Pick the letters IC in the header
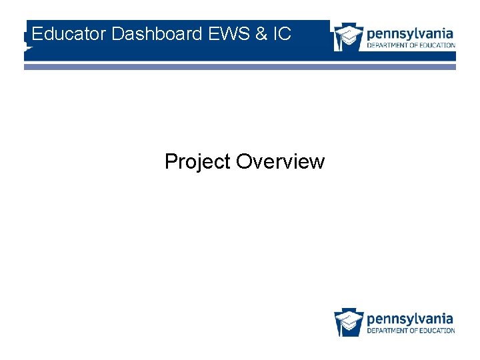282,34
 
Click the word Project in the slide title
197,162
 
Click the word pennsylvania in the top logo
410,33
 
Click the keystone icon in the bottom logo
348,321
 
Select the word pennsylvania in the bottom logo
410,318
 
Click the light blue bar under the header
240,67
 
